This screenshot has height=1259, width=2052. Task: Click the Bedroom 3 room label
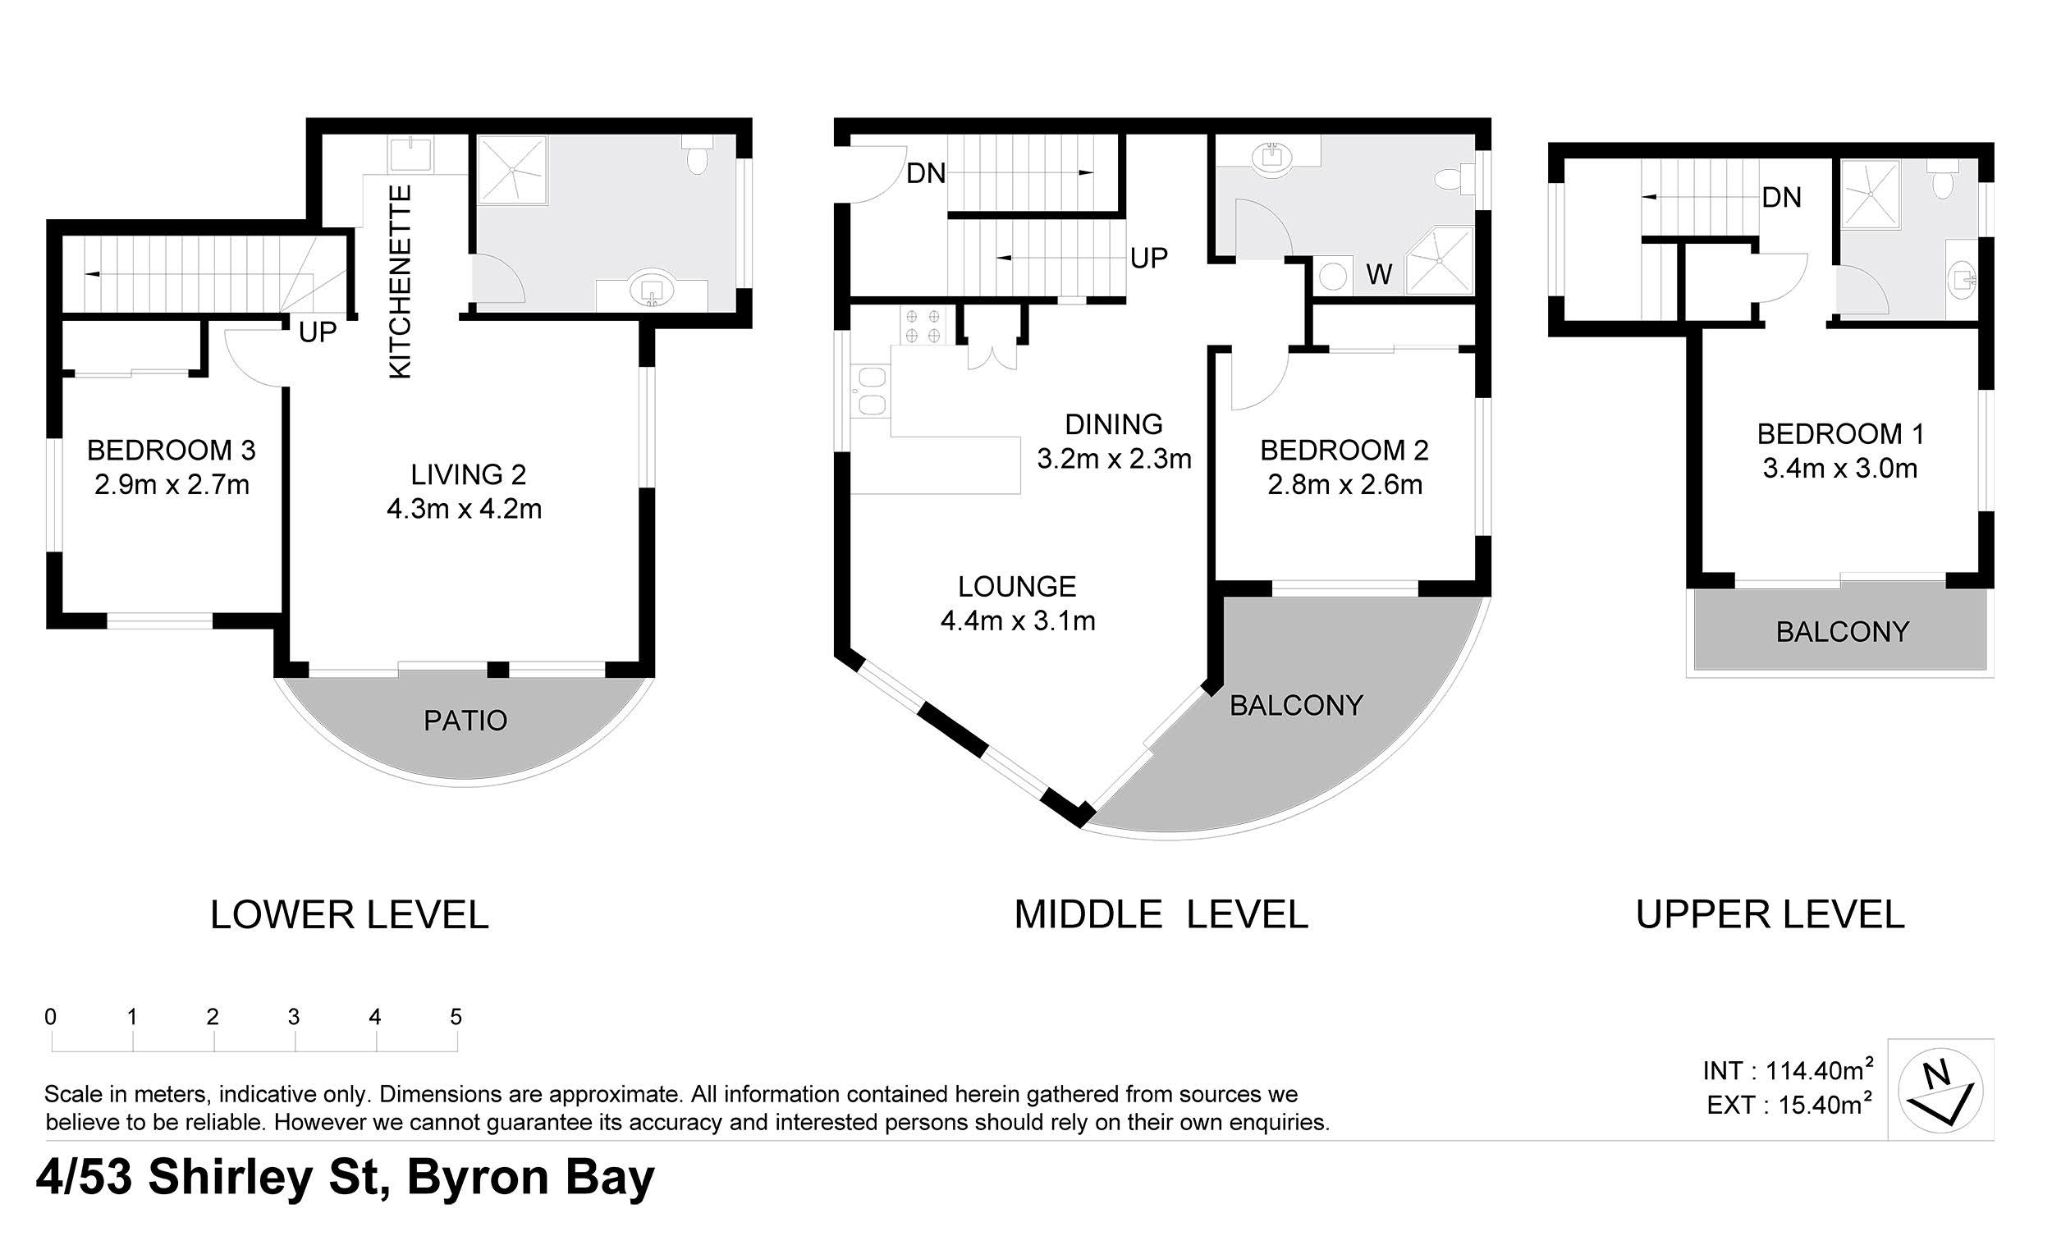tap(171, 451)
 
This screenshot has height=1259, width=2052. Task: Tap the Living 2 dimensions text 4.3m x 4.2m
tap(464, 509)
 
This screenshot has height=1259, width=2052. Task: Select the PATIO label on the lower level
tap(465, 721)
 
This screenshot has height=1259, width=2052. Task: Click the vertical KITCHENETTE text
tap(401, 282)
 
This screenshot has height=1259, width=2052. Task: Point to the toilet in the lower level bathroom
tap(696, 155)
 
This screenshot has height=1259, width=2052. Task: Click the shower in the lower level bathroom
tap(511, 171)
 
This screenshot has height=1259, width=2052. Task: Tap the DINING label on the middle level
tap(1114, 424)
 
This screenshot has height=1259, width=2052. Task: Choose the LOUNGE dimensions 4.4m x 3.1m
tap(1018, 620)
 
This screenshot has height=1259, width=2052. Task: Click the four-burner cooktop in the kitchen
tap(923, 326)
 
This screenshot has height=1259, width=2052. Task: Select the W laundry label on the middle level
tap(1379, 274)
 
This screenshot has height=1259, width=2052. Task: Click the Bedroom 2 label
tap(1344, 451)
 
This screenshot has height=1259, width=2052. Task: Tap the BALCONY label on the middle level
tap(1297, 706)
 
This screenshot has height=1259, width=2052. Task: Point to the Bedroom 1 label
tap(1840, 434)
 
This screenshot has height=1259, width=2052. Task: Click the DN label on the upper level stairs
tap(1781, 197)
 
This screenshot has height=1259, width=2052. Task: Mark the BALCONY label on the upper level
tap(1842, 632)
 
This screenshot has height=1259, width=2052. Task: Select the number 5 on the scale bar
tap(456, 1017)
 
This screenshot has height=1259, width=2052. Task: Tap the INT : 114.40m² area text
tap(1788, 1070)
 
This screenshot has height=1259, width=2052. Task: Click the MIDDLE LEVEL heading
tap(1161, 915)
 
